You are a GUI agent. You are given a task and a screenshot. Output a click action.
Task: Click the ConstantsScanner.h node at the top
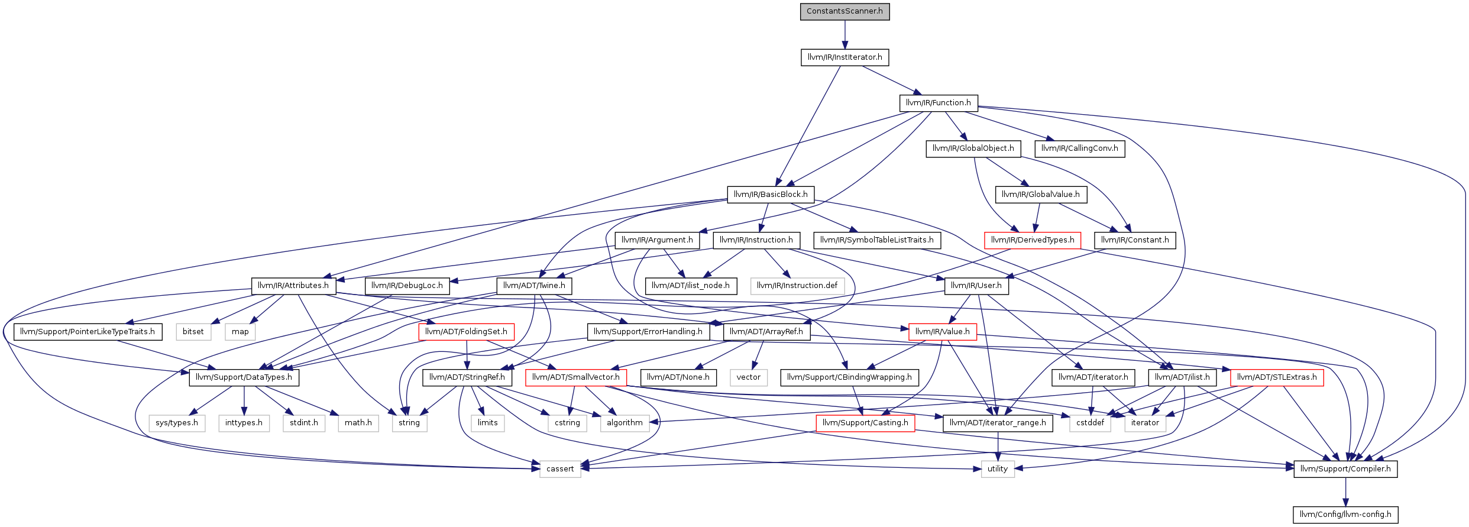pyautogui.click(x=844, y=11)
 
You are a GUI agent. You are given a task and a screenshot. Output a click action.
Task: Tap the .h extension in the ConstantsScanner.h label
pyautogui.click(x=879, y=11)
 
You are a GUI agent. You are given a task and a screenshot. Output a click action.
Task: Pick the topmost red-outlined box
pyautogui.click(x=1033, y=241)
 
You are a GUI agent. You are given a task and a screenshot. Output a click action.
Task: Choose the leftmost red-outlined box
pyautogui.click(x=466, y=332)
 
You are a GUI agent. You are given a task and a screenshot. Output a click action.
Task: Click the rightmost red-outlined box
pyautogui.click(x=1277, y=378)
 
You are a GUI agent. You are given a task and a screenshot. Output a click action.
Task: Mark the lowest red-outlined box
pyautogui.click(x=865, y=423)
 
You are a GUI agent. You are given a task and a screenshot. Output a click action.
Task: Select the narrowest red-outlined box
pyautogui.click(x=943, y=332)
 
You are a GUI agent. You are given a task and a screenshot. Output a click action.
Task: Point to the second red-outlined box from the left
pyautogui.click(x=575, y=378)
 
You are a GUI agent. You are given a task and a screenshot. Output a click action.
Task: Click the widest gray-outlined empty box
pyautogui.click(x=797, y=286)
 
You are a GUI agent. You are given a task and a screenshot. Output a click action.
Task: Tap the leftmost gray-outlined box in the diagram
pyautogui.click(x=177, y=423)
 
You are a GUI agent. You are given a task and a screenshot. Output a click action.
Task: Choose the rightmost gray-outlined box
pyautogui.click(x=1145, y=423)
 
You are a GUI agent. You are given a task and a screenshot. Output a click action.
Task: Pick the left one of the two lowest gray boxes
pyautogui.click(x=560, y=469)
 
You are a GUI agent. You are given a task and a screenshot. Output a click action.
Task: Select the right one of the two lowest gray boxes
pyautogui.click(x=998, y=469)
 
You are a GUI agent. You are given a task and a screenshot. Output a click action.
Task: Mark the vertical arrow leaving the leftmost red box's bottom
pyautogui.click(x=467, y=355)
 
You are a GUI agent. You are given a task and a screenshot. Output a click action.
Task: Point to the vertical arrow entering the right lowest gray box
pyautogui.click(x=998, y=447)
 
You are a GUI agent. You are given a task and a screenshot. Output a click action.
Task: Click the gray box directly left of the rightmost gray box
pyautogui.click(x=1090, y=423)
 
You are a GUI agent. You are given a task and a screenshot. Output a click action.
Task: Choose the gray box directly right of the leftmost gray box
pyautogui.click(x=244, y=423)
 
